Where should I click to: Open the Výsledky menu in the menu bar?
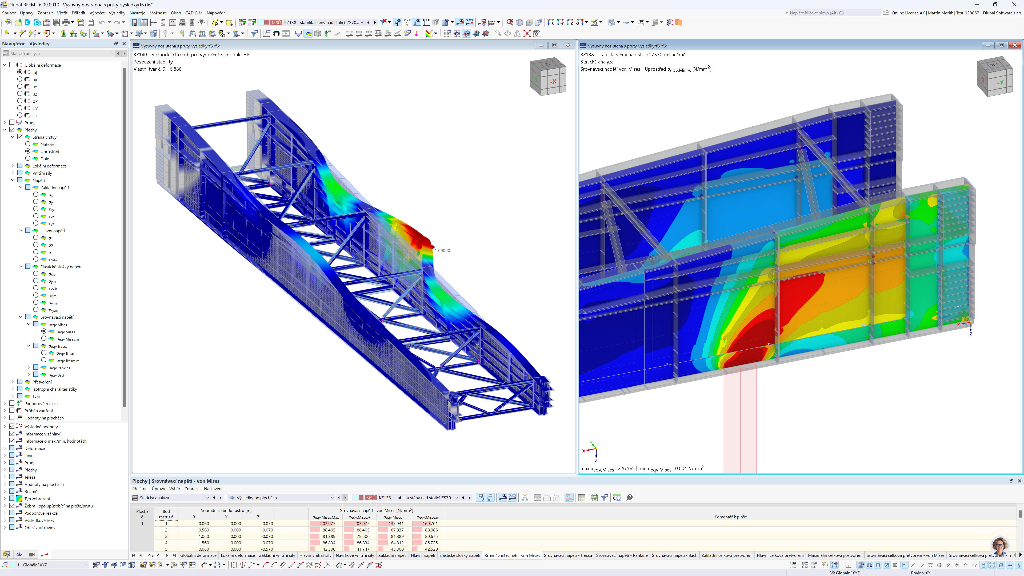point(117,13)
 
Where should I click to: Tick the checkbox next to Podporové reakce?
point(12,403)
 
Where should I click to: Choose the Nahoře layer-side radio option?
point(28,144)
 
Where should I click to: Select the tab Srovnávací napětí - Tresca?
point(568,555)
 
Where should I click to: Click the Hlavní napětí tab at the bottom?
point(423,555)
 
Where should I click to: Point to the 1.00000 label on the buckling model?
point(442,250)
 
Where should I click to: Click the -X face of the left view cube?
point(553,82)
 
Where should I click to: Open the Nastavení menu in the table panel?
point(213,489)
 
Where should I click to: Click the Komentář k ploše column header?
point(730,517)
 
